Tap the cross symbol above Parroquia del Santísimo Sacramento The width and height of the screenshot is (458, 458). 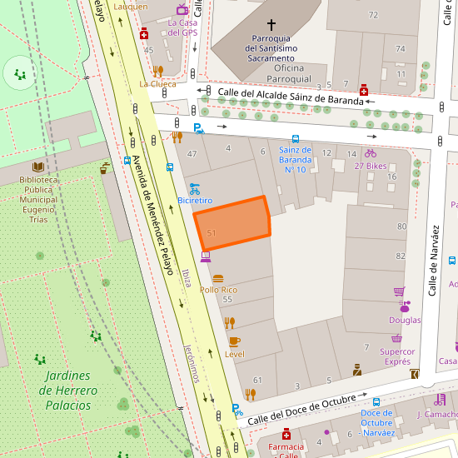tap(271, 25)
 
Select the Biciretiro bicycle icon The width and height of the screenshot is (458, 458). tap(194, 188)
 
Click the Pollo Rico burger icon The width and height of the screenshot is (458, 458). tap(218, 278)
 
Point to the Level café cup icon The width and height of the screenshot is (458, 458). tap(234, 341)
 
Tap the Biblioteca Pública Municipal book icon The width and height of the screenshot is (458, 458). tap(38, 167)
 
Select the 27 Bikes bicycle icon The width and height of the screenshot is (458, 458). tap(371, 153)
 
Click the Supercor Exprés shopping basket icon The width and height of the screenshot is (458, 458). tap(397, 339)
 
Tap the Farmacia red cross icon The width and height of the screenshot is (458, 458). tap(286, 435)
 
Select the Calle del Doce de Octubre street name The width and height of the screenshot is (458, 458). tap(296, 408)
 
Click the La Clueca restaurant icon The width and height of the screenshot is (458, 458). tap(157, 71)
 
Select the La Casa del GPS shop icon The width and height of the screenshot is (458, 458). tap(182, 9)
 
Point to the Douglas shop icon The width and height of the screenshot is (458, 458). tap(405, 306)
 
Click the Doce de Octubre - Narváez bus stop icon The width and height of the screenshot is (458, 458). tap(376, 401)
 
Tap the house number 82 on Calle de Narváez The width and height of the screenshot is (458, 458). tap(401, 256)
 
